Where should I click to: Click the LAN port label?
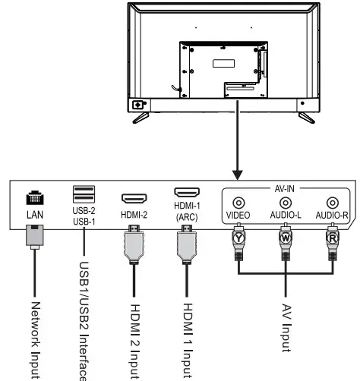pos(35,216)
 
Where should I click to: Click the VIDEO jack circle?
pos(238,203)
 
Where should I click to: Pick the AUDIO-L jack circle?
pos(286,203)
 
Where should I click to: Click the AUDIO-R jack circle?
pos(332,203)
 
